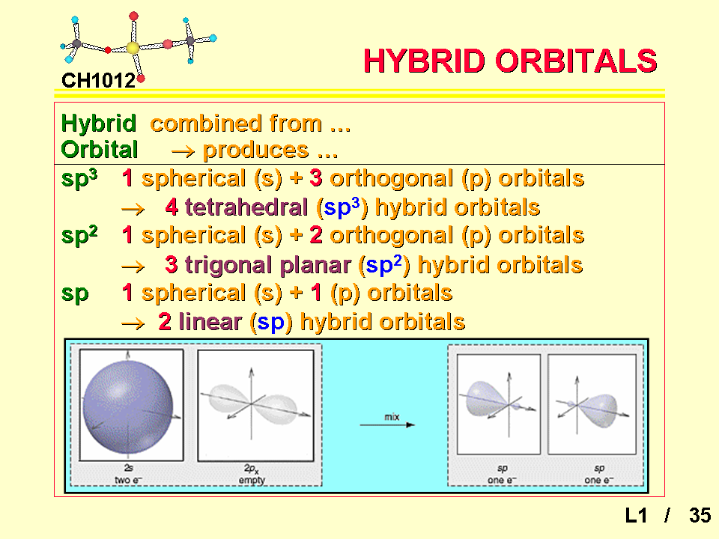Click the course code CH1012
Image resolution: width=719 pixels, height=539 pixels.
click(x=98, y=81)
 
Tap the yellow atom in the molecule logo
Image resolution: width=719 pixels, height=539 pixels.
click(x=133, y=47)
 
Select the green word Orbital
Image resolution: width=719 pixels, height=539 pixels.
click(x=100, y=150)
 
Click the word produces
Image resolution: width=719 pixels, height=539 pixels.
click(x=255, y=150)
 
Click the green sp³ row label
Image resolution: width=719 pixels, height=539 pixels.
click(x=79, y=178)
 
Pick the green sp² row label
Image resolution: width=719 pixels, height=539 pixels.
click(x=79, y=235)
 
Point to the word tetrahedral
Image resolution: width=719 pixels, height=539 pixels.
click(x=246, y=207)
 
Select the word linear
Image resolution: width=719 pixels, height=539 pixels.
click(x=210, y=322)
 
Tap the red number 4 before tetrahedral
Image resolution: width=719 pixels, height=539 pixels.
click(x=172, y=207)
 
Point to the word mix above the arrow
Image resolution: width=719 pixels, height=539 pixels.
click(x=392, y=417)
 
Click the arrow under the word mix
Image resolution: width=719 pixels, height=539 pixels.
click(x=387, y=425)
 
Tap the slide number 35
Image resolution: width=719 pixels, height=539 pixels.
click(x=700, y=515)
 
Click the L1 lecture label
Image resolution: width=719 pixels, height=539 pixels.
click(x=636, y=515)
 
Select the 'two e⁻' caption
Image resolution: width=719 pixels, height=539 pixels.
click(x=128, y=480)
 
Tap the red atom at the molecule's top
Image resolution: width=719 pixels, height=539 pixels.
click(x=133, y=16)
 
